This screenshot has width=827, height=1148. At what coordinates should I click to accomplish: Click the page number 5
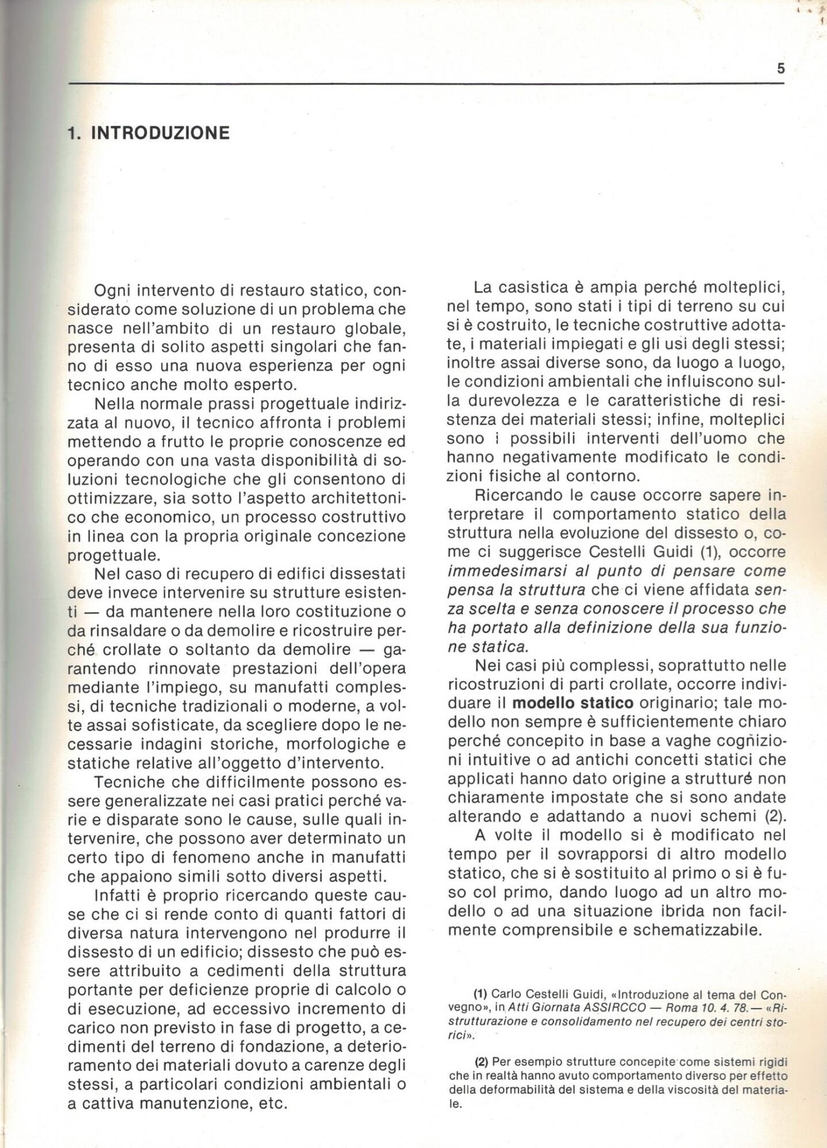click(x=780, y=69)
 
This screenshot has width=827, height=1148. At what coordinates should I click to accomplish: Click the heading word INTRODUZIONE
click(x=160, y=133)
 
